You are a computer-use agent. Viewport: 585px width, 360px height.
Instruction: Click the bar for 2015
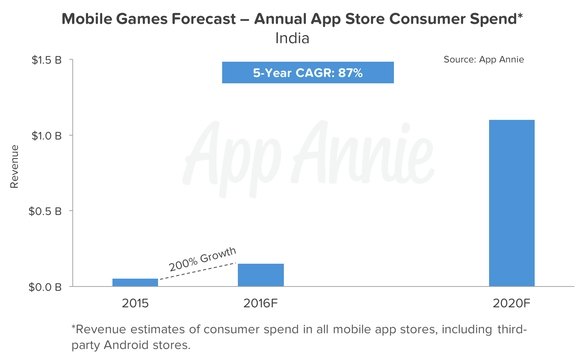point(135,282)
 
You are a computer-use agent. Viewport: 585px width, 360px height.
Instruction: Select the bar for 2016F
point(261,275)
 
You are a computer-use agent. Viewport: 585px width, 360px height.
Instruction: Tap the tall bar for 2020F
point(511,203)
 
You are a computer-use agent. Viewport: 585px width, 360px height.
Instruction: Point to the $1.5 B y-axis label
point(47,60)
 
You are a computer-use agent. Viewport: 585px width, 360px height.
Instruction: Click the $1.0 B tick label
point(47,136)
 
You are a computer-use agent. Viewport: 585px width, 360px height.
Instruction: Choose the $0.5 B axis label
point(45,211)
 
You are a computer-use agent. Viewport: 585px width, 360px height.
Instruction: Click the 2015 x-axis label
point(135,303)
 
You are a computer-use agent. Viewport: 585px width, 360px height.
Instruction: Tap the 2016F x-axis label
point(261,303)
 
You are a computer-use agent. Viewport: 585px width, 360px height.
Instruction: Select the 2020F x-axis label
point(511,303)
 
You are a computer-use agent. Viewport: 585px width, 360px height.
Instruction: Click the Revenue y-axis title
point(15,167)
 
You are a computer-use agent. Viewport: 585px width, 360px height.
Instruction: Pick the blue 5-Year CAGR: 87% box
point(308,73)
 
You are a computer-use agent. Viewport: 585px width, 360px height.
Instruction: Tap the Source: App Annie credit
point(484,59)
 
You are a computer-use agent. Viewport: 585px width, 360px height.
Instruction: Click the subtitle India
point(292,38)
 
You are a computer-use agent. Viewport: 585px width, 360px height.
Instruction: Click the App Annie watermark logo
point(309,157)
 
